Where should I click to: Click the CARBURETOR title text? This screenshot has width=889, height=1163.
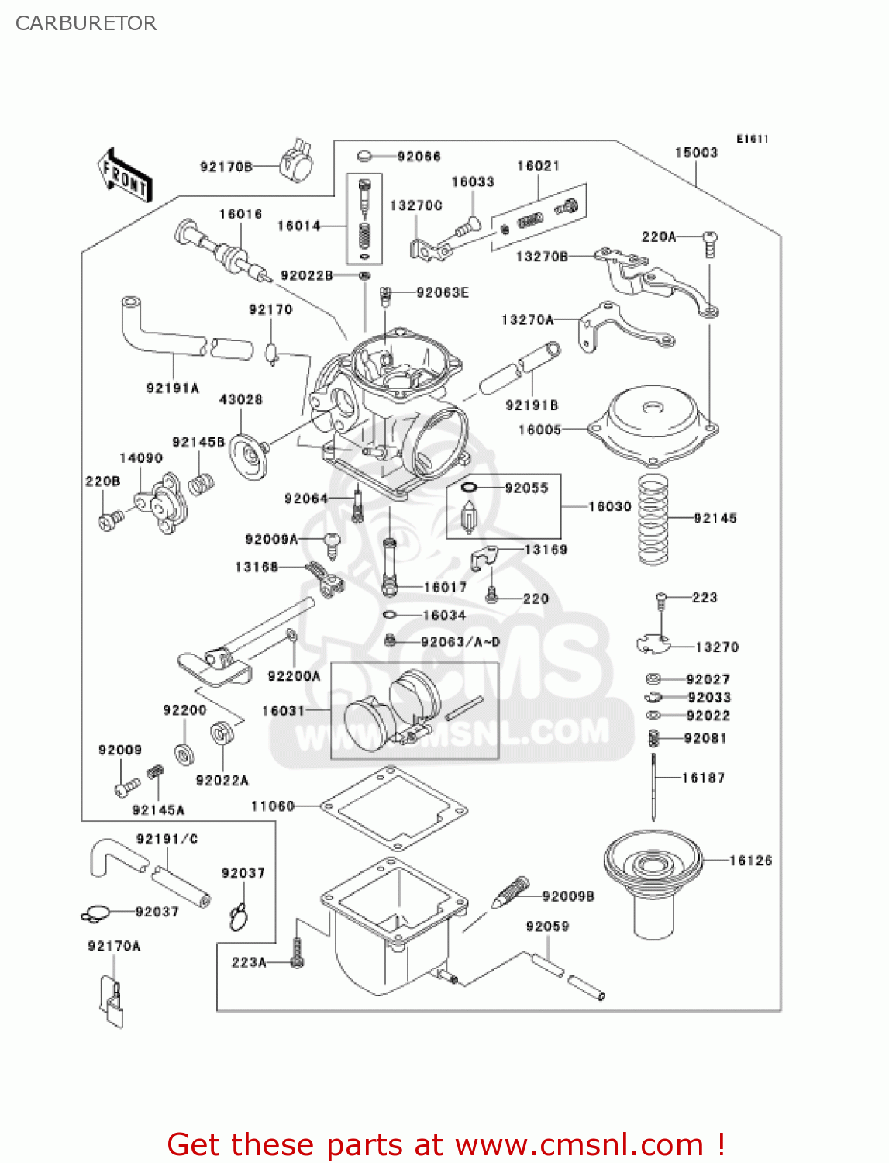pyautogui.click(x=86, y=23)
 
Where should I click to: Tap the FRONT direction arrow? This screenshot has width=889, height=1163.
pyautogui.click(x=125, y=176)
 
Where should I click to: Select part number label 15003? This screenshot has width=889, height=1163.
pyautogui.click(x=695, y=153)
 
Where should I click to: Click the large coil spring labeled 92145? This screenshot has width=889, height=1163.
pyautogui.click(x=653, y=520)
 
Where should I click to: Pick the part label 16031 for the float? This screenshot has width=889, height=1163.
pyautogui.click(x=283, y=711)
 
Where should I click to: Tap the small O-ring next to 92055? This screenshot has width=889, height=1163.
pyautogui.click(x=469, y=488)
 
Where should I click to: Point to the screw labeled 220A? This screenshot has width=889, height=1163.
pyautogui.click(x=710, y=243)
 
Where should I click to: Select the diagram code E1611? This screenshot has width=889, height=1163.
pyautogui.click(x=752, y=139)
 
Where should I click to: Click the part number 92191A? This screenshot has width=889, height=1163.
pyautogui.click(x=172, y=388)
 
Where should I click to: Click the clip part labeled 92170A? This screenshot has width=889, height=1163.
pyautogui.click(x=112, y=1001)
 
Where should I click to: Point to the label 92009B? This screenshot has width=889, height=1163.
pyautogui.click(x=568, y=896)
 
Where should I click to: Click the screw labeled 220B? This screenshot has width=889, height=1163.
pyautogui.click(x=109, y=519)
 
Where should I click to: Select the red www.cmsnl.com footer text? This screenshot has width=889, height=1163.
pyautogui.click(x=446, y=1145)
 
